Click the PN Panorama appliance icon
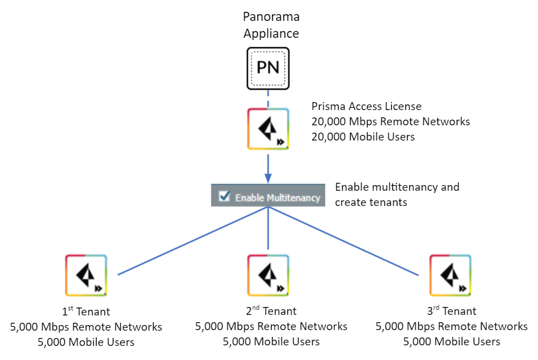[268, 68]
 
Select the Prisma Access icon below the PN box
[268, 129]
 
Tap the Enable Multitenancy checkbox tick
[224, 196]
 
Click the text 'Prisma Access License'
[366, 107]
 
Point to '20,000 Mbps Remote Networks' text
[391, 121]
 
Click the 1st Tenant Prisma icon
[86, 275]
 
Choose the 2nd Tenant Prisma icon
[268, 275]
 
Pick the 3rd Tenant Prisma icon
[450, 275]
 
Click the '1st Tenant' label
[86, 311]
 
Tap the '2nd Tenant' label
[271, 311]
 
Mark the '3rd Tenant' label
[451, 311]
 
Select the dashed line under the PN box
[268, 99]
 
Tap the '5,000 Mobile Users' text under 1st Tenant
[86, 341]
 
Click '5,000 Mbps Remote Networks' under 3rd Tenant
[451, 327]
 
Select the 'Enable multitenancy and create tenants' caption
[397, 194]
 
